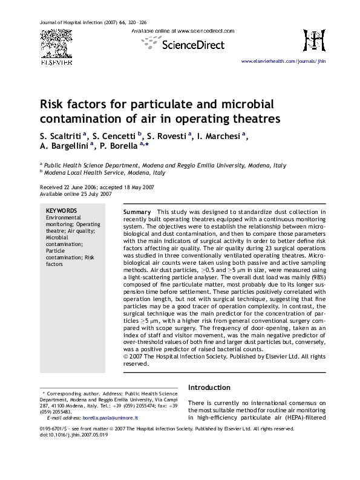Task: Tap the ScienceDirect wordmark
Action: (x=192, y=44)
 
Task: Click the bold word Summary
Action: (x=137, y=213)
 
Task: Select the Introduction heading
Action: (x=214, y=388)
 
